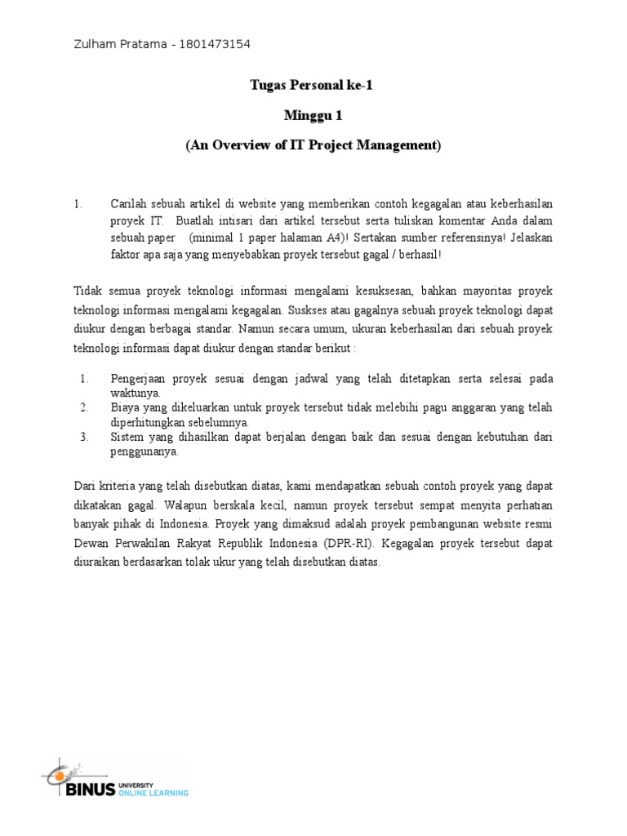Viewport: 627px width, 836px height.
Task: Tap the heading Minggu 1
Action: [x=313, y=115]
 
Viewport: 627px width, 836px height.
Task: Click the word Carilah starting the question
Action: [x=130, y=202]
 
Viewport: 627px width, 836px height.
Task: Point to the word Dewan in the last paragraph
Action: [x=91, y=544]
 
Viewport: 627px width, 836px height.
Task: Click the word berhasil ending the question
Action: [x=418, y=255]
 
